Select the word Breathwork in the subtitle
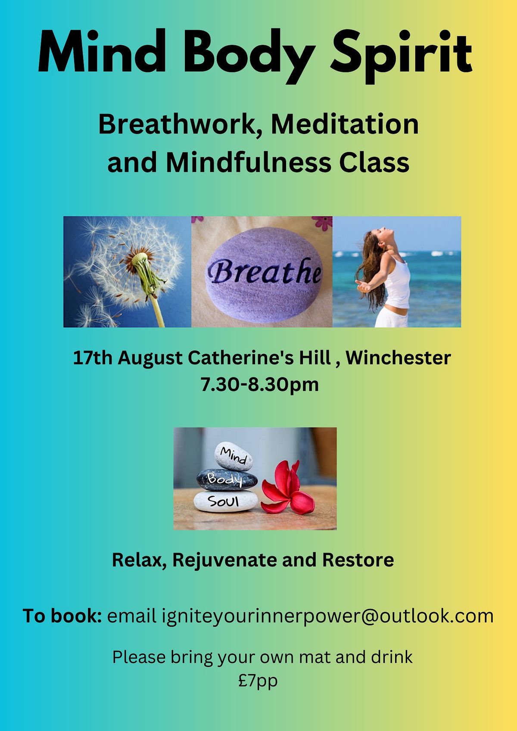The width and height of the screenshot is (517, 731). [177, 124]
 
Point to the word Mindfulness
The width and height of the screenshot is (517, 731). [248, 163]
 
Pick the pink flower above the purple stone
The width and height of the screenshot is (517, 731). [322, 223]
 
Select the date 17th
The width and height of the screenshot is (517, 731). [93, 358]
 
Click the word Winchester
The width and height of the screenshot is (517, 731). [398, 358]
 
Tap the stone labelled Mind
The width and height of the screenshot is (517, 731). [234, 456]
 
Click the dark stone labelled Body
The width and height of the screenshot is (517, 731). [227, 480]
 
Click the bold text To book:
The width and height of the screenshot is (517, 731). [62, 616]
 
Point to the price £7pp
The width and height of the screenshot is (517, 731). [258, 681]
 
